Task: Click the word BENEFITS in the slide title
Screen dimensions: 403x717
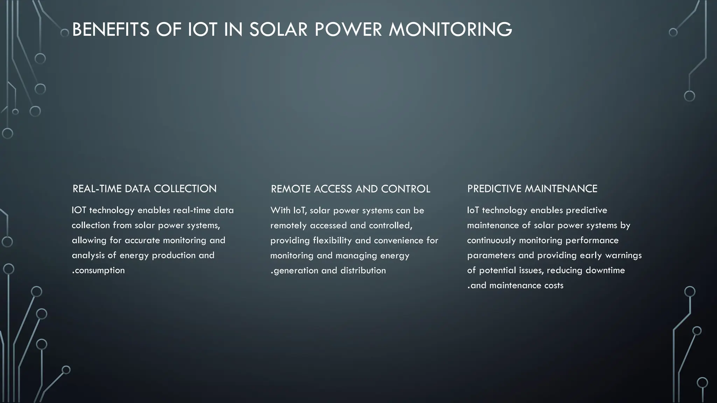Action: [x=111, y=29]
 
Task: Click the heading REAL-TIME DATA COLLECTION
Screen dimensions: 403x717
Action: [x=144, y=189]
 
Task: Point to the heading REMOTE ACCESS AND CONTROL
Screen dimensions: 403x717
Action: [x=350, y=189]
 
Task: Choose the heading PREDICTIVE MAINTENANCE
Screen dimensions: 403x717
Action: [x=532, y=189]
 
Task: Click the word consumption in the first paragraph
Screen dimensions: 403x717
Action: [x=100, y=270]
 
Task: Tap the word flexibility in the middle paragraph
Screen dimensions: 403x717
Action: [x=332, y=241]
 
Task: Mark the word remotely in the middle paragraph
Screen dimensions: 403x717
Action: [x=288, y=226]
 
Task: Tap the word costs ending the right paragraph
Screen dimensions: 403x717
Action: [x=554, y=285]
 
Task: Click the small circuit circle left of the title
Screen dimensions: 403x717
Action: [x=65, y=33]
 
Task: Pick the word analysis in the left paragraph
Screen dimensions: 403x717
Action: [x=88, y=255]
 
